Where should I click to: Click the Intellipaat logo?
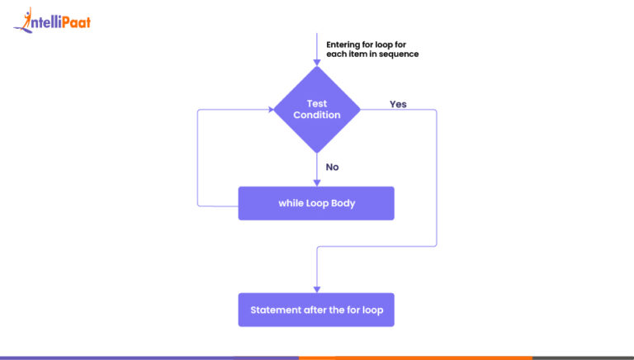tap(52, 20)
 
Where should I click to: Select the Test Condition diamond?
tap(317, 110)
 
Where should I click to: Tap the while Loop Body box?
tap(316, 203)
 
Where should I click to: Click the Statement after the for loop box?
tap(316, 310)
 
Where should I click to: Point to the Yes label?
tap(398, 104)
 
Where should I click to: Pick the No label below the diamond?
tap(333, 167)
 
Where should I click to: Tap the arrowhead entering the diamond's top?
tap(317, 63)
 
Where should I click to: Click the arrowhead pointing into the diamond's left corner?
tap(271, 110)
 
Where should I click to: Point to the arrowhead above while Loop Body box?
tap(317, 183)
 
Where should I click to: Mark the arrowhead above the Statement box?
tap(317, 290)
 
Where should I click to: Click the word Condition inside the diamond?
tap(317, 115)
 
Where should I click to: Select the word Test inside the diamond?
tap(317, 103)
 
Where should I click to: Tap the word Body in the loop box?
tap(343, 203)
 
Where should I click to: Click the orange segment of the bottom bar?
tap(416, 358)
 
